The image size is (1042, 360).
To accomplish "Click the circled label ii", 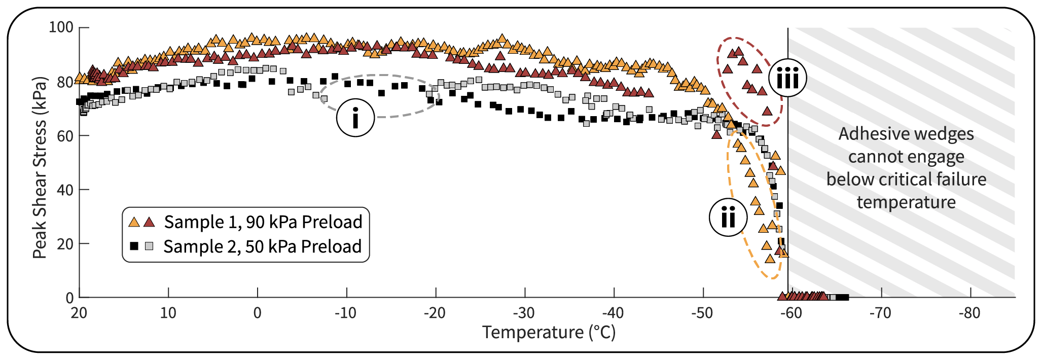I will tap(728, 218).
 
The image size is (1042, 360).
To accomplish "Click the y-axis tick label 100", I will tap(61, 27).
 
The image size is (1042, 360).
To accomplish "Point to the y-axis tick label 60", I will tap(65, 136).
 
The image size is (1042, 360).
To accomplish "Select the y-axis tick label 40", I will tap(65, 190).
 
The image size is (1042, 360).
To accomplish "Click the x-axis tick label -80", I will tap(969, 313).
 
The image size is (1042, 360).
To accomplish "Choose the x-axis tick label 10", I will tap(168, 313).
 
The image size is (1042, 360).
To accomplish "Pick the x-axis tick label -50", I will tap(702, 313).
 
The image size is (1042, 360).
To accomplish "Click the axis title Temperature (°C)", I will tap(549, 333).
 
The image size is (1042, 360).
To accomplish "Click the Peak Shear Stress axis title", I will tap(40, 167).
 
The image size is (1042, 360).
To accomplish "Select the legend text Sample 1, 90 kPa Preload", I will tap(263, 222).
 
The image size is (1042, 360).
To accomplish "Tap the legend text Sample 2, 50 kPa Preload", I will tap(262, 246).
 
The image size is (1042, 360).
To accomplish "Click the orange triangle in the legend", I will tap(134, 222).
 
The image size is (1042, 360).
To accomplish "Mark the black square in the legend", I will tap(134, 246).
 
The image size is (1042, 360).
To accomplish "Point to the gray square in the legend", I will tap(149, 246).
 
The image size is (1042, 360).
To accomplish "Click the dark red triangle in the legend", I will tap(149, 222).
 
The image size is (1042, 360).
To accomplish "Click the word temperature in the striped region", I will tap(906, 202).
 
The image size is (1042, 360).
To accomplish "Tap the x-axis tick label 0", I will tap(257, 313).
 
